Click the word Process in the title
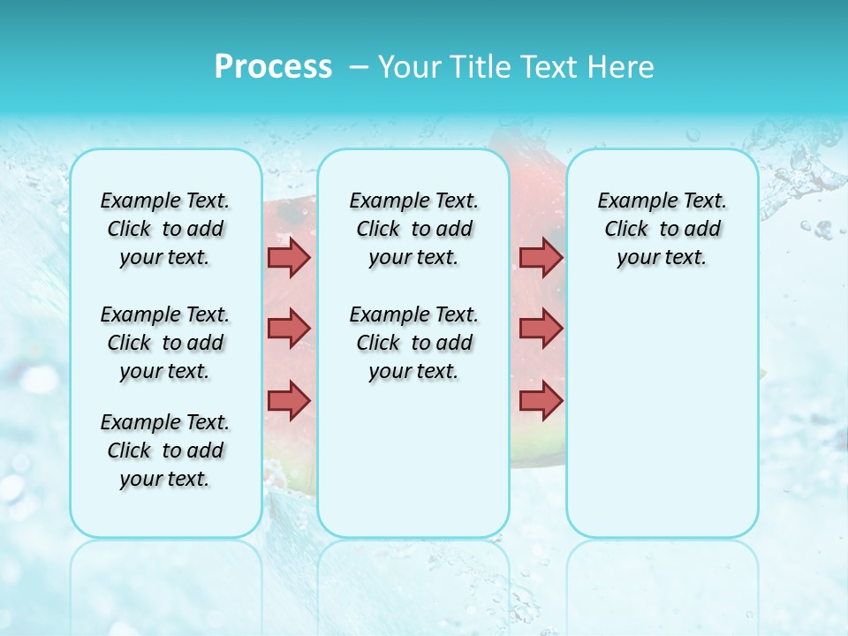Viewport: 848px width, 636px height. point(273,66)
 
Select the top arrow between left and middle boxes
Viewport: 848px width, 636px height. point(289,257)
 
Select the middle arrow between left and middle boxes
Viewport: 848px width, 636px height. point(289,329)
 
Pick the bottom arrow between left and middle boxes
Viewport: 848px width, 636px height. point(289,400)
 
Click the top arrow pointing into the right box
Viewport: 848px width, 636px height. point(541,257)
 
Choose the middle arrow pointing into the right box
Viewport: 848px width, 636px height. point(541,329)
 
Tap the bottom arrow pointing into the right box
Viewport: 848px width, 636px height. point(541,400)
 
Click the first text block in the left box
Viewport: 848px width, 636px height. point(165,230)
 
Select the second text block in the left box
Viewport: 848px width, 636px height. point(165,343)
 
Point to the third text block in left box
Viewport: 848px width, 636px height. point(165,450)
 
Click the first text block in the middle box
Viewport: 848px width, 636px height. point(413,230)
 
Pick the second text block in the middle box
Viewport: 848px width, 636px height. point(413,343)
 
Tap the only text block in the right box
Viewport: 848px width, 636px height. point(662,230)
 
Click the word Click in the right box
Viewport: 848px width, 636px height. point(626,230)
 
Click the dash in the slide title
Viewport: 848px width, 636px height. point(359,66)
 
